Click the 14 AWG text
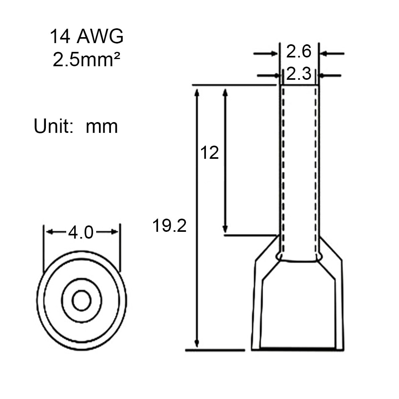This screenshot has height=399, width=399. click(87, 37)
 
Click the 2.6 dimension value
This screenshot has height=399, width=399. click(298, 52)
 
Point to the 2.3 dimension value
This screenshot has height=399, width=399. click(298, 74)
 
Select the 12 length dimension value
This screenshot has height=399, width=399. click(209, 153)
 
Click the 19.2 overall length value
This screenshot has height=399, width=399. click(169, 226)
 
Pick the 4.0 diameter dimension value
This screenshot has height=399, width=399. click(81, 232)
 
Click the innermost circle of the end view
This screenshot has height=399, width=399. click(81, 300)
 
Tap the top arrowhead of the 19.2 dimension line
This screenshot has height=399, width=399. click(196, 93)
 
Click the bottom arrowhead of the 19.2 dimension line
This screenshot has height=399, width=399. click(196, 343)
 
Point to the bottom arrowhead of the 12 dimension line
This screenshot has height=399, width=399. click(225, 229)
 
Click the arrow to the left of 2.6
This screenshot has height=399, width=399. click(266, 53)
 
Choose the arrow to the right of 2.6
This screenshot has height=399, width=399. click(332, 53)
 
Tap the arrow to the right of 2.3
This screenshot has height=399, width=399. click(330, 75)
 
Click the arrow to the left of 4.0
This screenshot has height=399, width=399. click(54, 232)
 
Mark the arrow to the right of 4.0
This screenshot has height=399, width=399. click(109, 232)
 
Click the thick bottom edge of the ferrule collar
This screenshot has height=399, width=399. click(297, 349)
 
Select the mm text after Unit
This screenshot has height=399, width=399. click(102, 127)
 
